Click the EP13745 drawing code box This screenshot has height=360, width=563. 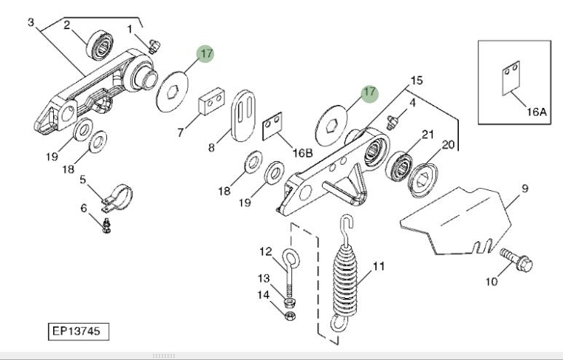click(79, 332)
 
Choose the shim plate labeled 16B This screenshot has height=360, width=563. click(273, 126)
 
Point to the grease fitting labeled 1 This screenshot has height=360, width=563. click(151, 45)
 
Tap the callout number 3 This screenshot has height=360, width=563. click(31, 22)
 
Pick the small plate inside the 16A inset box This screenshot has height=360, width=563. click(508, 80)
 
